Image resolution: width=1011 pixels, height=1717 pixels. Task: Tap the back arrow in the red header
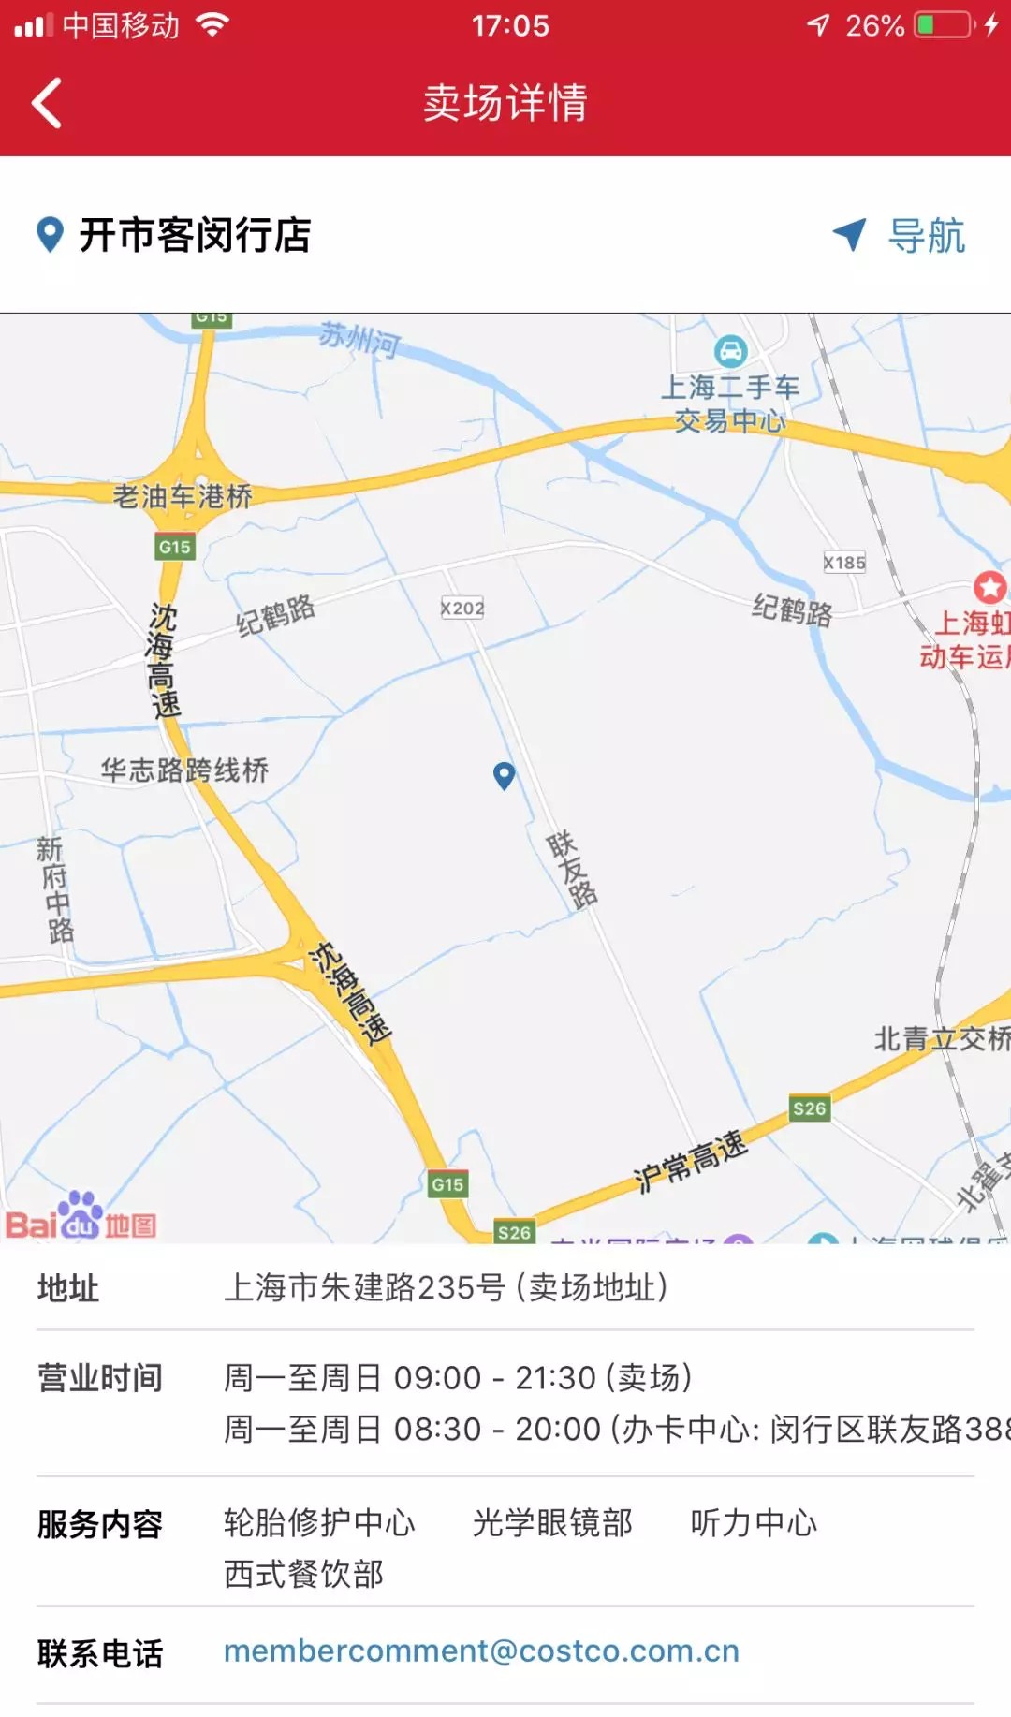tap(47, 103)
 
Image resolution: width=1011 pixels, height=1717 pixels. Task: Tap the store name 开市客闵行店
tap(195, 235)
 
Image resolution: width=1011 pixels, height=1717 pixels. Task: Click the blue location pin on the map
tap(505, 775)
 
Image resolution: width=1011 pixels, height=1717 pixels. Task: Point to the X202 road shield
tap(462, 609)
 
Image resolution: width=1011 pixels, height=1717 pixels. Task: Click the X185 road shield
tap(844, 563)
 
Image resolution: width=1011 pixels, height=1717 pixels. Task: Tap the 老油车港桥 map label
tap(183, 496)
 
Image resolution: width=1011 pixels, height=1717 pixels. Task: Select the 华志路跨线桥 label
tap(184, 770)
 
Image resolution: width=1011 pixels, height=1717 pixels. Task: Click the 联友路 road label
tap(571, 870)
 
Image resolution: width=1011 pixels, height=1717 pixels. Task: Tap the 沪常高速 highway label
tap(691, 1161)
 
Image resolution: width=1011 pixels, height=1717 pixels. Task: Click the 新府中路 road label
tap(55, 889)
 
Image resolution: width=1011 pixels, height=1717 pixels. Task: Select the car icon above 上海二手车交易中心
tap(730, 352)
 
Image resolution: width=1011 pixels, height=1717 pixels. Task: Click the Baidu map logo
tap(81, 1217)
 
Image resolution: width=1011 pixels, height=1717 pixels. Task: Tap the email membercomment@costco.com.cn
tap(481, 1651)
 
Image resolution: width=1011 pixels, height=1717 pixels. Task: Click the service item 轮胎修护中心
tap(319, 1523)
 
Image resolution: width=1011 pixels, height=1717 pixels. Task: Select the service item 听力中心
tap(754, 1523)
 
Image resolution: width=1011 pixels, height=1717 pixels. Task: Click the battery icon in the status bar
tap(944, 25)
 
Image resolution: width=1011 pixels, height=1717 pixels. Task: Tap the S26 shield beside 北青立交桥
tap(809, 1109)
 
